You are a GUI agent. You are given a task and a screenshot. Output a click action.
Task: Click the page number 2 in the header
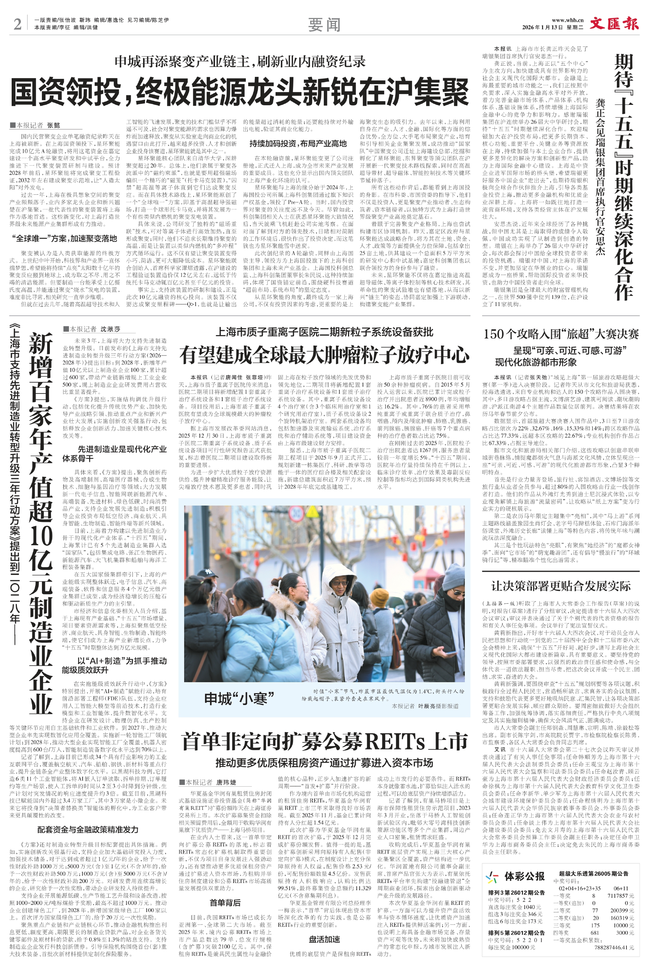coord(17,24)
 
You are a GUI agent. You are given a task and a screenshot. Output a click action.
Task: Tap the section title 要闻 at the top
coord(324,25)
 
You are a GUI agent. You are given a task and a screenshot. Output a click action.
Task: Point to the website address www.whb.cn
coord(567,20)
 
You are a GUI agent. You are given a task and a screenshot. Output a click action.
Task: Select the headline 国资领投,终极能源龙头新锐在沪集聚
coord(240,92)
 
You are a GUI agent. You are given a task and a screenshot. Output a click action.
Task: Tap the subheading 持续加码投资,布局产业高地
coord(298,143)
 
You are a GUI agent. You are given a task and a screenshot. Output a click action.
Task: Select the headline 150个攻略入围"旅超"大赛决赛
coord(560,334)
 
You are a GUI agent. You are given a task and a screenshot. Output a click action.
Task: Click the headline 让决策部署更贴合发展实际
coord(560,586)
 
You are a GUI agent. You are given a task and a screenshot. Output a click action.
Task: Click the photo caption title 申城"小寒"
coord(239,699)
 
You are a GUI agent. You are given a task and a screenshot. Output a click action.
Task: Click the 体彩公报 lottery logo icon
coord(492,877)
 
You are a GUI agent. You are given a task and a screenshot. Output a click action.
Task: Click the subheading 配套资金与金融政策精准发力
coord(88,829)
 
